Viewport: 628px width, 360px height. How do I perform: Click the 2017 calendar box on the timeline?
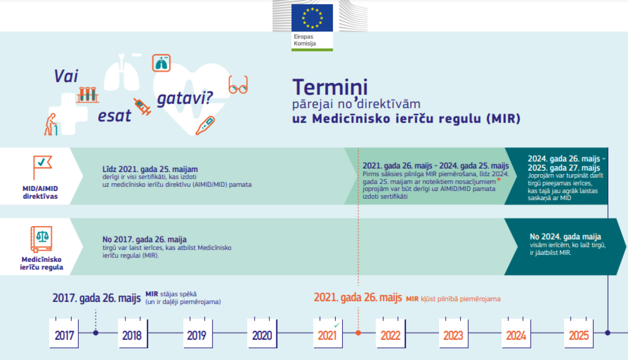tap(64, 333)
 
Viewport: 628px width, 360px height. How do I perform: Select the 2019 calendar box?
tap(198, 333)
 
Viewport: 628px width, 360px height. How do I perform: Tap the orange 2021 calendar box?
tap(328, 333)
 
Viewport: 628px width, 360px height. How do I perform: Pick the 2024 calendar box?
tap(516, 333)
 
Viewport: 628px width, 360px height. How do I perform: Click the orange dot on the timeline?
tap(358, 333)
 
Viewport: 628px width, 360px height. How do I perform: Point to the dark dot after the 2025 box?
tap(608, 333)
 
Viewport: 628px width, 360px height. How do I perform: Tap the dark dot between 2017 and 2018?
tap(95, 333)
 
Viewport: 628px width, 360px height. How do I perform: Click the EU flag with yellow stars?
tap(312, 18)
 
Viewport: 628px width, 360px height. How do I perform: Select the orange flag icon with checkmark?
tap(42, 167)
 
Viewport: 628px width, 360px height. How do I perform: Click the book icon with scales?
tap(41, 239)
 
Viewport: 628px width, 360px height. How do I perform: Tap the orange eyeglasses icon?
tap(238, 85)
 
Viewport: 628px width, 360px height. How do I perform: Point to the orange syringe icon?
tap(142, 107)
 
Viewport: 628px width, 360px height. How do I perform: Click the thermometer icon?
tap(205, 125)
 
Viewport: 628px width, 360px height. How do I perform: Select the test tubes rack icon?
tap(88, 95)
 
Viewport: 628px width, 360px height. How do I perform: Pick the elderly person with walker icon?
tap(51, 124)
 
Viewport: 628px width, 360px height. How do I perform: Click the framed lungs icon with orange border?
tap(161, 63)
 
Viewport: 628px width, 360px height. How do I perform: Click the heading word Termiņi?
tap(330, 87)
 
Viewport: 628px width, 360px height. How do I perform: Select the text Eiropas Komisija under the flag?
tap(305, 40)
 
